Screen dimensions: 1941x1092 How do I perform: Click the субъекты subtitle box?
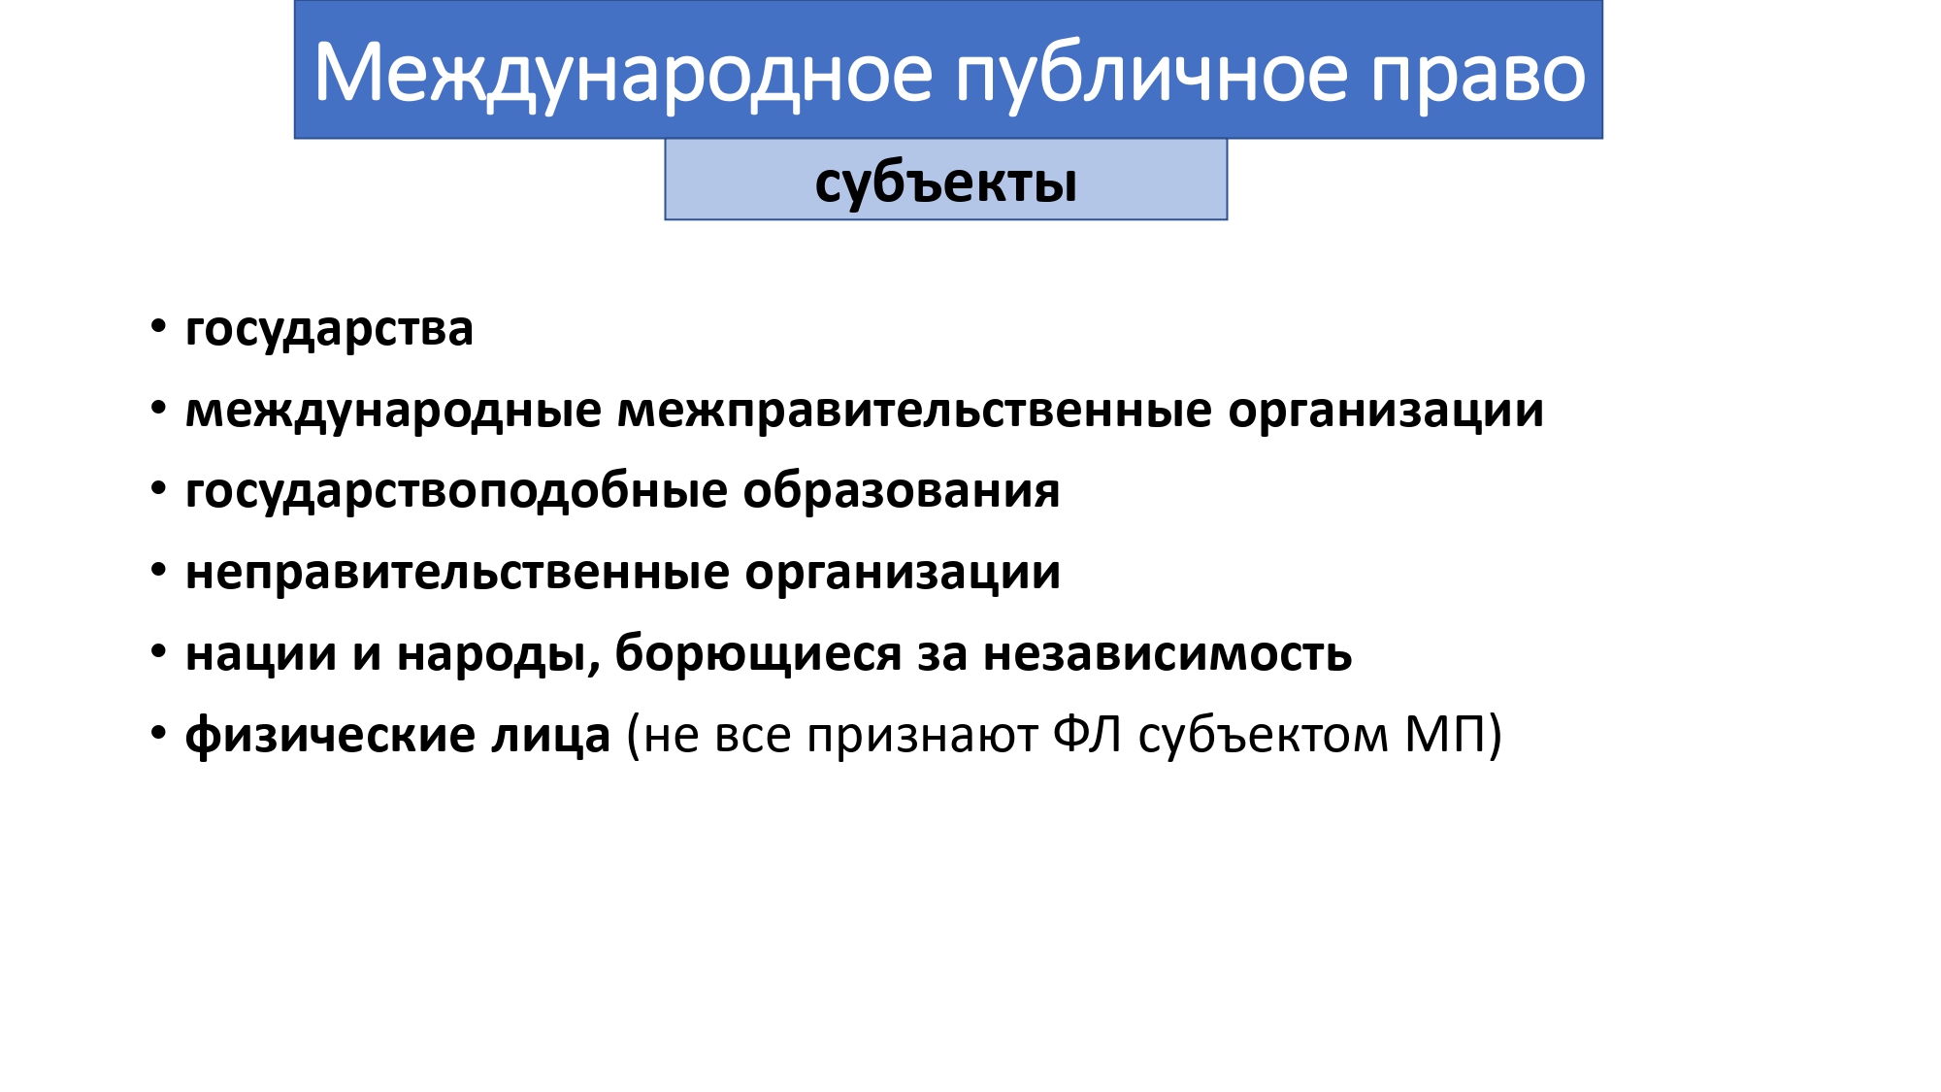pyautogui.click(x=946, y=180)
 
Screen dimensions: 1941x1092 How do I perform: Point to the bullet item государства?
pyautogui.click(x=329, y=330)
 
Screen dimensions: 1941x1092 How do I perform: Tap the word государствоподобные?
pyautogui.click(x=456, y=491)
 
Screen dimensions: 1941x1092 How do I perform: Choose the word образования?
pyautogui.click(x=902, y=491)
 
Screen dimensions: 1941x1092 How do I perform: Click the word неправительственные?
pyautogui.click(x=457, y=573)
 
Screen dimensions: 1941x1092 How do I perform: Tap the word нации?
pyautogui.click(x=261, y=654)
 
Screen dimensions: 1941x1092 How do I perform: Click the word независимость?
pyautogui.click(x=1168, y=654)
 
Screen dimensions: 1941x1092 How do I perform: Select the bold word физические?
pyautogui.click(x=330, y=736)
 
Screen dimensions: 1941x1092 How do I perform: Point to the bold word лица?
pyautogui.click(x=551, y=736)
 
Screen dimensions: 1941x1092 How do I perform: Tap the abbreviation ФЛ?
pyautogui.click(x=1088, y=734)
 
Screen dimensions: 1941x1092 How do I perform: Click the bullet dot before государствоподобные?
pyautogui.click(x=159, y=488)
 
